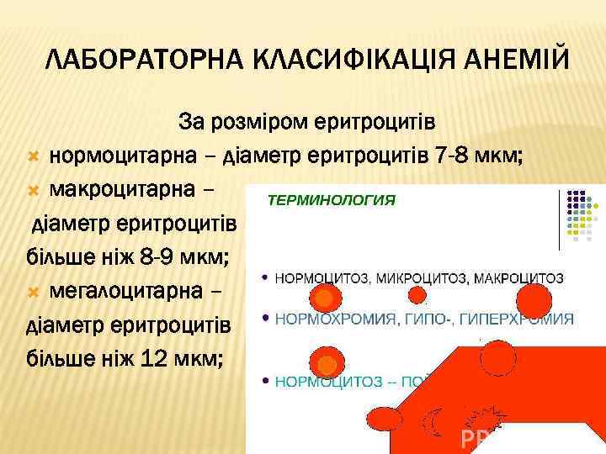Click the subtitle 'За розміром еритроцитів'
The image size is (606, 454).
tap(306, 123)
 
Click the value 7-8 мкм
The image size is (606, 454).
tap(479, 156)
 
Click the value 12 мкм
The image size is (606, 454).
tap(182, 359)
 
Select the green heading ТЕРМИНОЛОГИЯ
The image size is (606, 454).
tap(331, 201)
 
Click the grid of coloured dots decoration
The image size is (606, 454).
tap(582, 214)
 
